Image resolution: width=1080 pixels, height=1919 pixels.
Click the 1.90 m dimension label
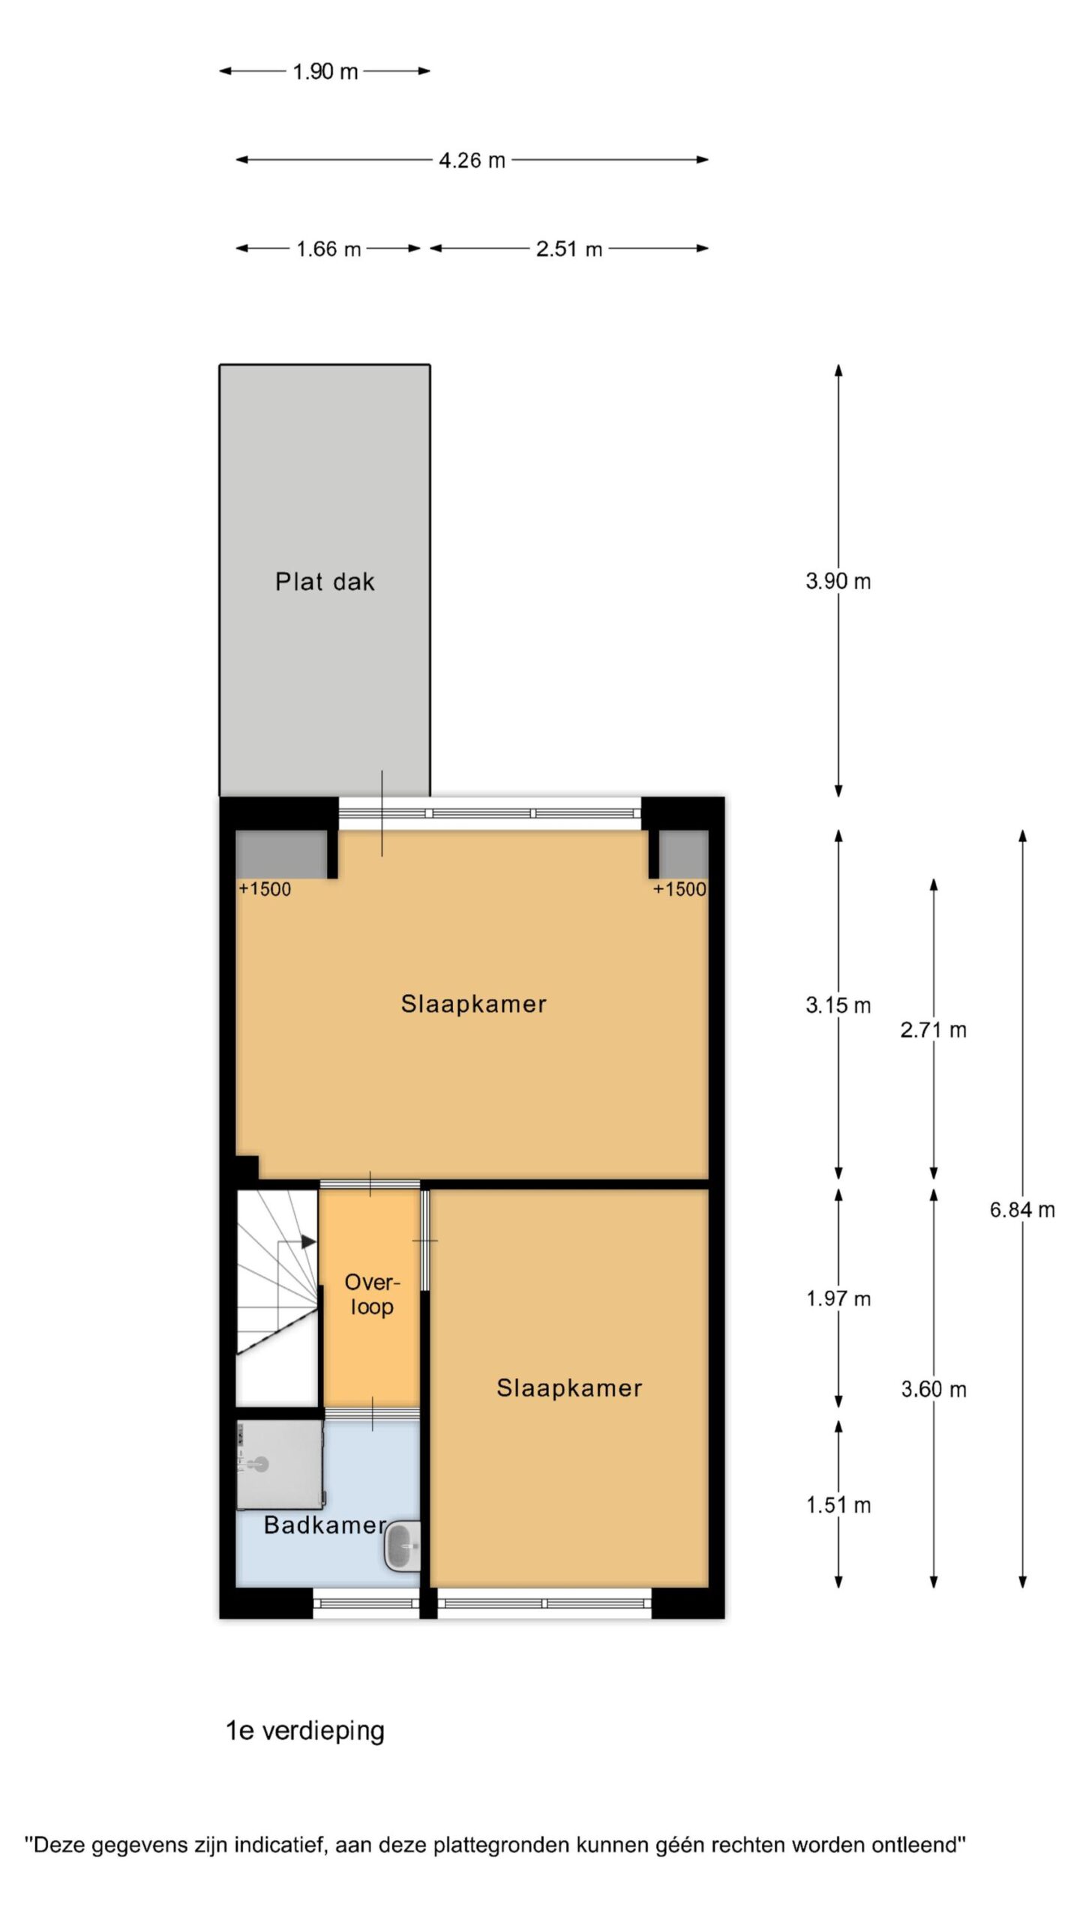click(325, 72)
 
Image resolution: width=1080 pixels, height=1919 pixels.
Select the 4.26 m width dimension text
click(472, 160)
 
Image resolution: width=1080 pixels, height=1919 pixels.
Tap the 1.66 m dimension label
click(328, 249)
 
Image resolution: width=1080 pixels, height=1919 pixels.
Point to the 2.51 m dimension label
click(568, 249)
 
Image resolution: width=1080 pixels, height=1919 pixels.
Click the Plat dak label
click(325, 582)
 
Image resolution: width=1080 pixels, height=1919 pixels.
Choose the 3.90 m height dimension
click(838, 581)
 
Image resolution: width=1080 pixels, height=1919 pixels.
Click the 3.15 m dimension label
click(838, 1005)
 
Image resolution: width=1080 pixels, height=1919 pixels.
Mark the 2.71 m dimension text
click(933, 1030)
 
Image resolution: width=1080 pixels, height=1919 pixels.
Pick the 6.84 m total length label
click(1022, 1210)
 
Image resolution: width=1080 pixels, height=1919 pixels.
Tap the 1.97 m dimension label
click(838, 1298)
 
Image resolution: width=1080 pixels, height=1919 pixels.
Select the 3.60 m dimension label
click(933, 1389)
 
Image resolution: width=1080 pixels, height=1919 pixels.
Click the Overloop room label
click(372, 1295)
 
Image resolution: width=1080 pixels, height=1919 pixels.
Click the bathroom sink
click(403, 1546)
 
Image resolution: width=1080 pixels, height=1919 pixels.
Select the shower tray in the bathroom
click(280, 1464)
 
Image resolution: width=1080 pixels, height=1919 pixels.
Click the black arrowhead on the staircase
click(308, 1242)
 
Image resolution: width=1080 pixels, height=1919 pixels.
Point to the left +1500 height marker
click(265, 889)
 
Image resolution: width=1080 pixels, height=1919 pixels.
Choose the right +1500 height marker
click(679, 889)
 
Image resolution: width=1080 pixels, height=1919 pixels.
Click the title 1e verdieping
click(305, 1731)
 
